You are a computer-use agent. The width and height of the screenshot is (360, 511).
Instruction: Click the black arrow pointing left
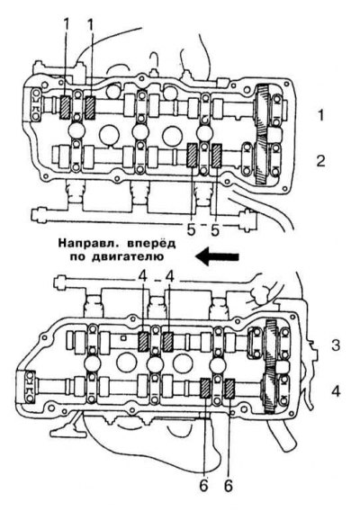tap(218, 256)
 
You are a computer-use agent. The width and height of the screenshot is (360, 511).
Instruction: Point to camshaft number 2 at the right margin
tap(321, 161)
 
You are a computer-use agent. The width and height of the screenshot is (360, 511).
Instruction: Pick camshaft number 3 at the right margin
tap(336, 345)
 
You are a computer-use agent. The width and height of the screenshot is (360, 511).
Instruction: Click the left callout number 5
tap(191, 230)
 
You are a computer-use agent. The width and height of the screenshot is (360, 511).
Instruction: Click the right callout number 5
tap(215, 230)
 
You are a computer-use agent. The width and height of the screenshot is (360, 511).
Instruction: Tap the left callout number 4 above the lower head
tap(142, 277)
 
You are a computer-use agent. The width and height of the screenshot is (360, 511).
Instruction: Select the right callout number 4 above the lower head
tap(170, 277)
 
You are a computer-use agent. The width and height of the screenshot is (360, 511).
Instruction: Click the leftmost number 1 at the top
tap(66, 25)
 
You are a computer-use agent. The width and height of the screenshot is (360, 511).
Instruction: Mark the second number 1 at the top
tap(90, 25)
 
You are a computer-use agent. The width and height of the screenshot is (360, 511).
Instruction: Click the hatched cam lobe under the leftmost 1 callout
tap(66, 107)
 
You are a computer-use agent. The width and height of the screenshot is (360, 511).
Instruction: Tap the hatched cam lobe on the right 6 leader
tap(230, 389)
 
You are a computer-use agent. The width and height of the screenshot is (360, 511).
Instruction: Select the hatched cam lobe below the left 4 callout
tap(143, 342)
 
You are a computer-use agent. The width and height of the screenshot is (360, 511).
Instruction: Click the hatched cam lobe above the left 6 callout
tap(205, 389)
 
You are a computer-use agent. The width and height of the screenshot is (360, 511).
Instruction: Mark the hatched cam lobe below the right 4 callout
tap(167, 342)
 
